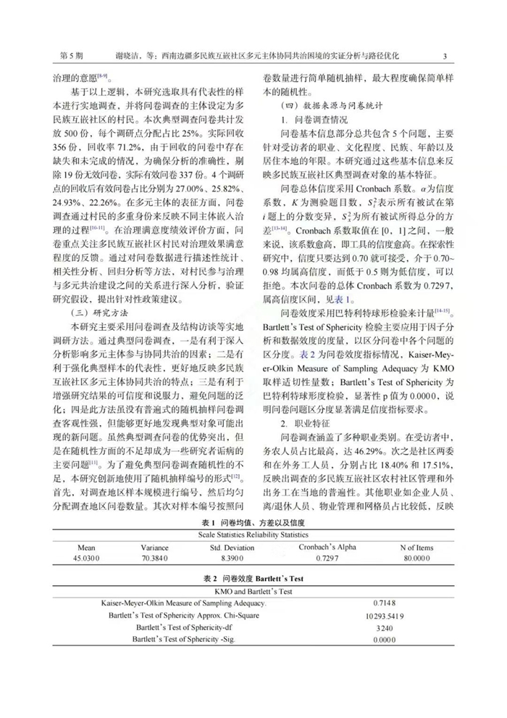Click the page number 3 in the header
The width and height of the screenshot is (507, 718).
pyautogui.click(x=444, y=55)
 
